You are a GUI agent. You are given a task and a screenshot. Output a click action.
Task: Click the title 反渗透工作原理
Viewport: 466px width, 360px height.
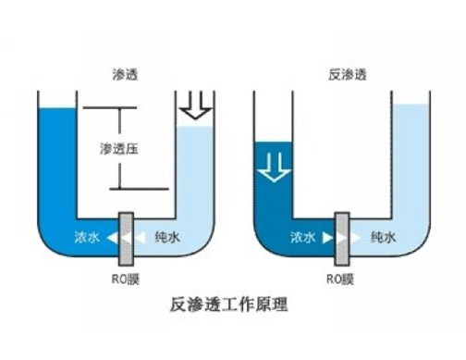pos(234,302)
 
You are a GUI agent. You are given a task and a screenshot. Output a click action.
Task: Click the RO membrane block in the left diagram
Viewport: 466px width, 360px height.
pos(126,238)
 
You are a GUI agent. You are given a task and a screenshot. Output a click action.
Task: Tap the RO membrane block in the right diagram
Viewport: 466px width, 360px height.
pos(342,238)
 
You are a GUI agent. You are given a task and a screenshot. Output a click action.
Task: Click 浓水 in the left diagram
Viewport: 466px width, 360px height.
pos(86,238)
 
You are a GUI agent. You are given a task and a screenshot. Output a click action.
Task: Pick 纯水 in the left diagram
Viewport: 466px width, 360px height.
pos(167,238)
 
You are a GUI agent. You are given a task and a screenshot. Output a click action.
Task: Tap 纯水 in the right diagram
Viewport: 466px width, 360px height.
pos(384,238)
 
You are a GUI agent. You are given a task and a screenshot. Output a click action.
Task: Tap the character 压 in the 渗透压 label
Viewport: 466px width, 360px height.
pos(140,148)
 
